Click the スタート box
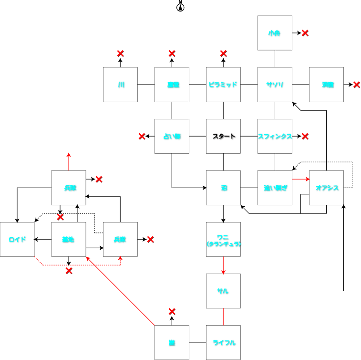point(223,136)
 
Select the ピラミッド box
point(223,85)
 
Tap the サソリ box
point(275,85)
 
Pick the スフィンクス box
point(275,136)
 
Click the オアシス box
point(326,188)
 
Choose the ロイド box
point(17,239)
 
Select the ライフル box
point(223,342)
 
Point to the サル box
point(223,291)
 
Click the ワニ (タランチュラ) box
point(223,239)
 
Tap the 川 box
point(120,85)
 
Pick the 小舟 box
point(275,33)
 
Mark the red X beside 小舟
point(305,33)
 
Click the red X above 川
point(120,53)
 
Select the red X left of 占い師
point(142,136)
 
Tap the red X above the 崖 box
point(172,311)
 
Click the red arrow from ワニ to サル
point(223,265)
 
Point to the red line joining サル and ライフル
point(223,317)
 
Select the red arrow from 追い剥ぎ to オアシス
point(300,180)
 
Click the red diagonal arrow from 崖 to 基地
point(122,291)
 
